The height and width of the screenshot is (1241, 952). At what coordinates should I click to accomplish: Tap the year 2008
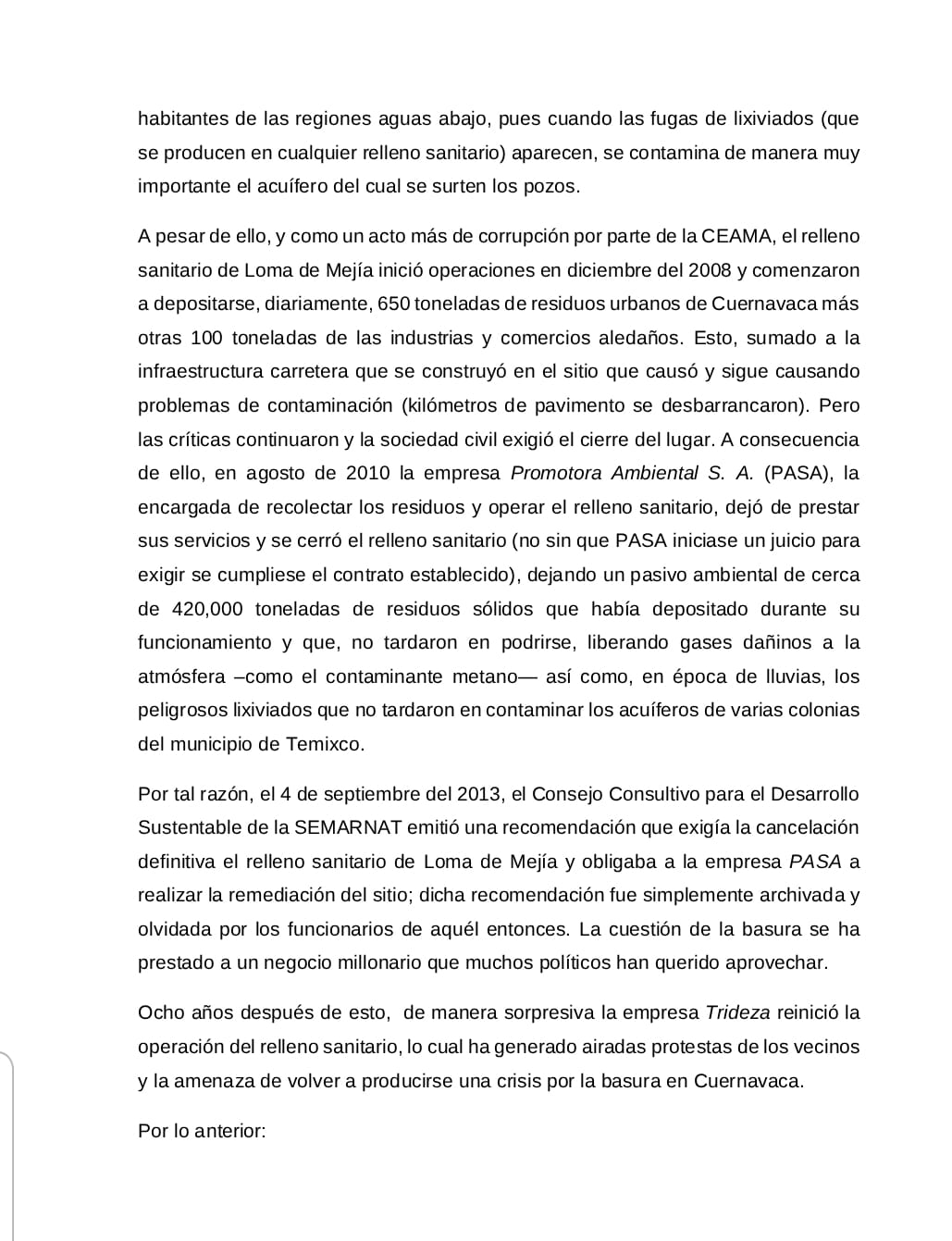(713, 270)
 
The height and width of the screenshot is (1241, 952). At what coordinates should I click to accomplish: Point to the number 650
(384, 304)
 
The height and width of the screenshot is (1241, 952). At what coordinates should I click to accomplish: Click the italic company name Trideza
(737, 1012)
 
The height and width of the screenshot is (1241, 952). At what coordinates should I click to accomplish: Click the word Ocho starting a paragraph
(160, 1012)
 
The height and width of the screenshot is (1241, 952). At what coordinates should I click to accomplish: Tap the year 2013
(481, 794)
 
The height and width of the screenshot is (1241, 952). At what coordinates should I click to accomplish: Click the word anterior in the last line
(229, 1131)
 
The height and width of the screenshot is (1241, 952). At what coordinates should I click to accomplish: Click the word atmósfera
(181, 676)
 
